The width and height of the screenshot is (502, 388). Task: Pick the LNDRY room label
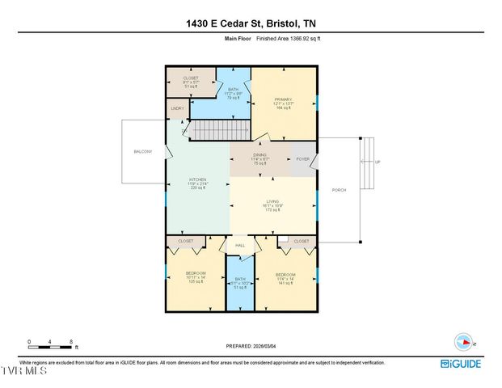coord(177,108)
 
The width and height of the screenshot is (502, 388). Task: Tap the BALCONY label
coord(142,151)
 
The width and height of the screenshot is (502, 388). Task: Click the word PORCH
coord(339,190)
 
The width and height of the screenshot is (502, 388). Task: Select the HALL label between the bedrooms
coord(240,245)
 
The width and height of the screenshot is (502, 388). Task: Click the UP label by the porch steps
coord(377,162)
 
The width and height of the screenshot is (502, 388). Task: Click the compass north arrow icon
coord(464,340)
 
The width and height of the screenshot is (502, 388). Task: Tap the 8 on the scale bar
coord(72,341)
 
